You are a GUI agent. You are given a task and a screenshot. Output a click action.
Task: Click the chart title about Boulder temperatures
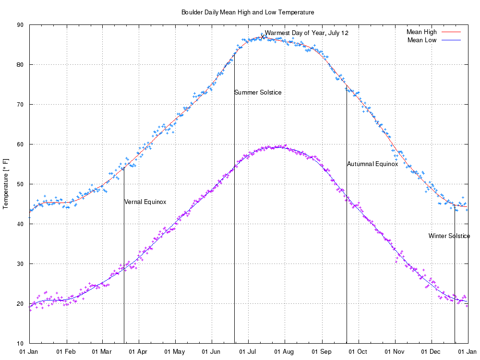tap(248, 12)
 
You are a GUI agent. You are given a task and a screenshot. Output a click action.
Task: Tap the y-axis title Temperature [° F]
tap(6, 184)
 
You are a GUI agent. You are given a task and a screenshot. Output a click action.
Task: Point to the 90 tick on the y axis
tap(21, 25)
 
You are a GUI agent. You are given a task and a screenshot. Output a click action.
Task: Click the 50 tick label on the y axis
tap(21, 184)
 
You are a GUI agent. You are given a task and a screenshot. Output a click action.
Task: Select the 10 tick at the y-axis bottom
tap(21, 344)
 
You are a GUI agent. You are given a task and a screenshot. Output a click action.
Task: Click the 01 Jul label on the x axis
tap(248, 352)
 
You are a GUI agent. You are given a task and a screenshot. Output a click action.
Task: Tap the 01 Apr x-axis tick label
tap(139, 352)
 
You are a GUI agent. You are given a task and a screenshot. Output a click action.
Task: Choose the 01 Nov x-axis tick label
tap(395, 352)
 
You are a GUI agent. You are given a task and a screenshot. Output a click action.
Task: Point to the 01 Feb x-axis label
tap(66, 352)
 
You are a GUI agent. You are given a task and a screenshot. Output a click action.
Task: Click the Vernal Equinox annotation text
tap(145, 202)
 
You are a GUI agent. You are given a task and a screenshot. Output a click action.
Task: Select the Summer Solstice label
tap(258, 93)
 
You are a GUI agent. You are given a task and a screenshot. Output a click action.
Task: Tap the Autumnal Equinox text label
tap(372, 164)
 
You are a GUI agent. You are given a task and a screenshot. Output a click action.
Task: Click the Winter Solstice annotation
tap(449, 236)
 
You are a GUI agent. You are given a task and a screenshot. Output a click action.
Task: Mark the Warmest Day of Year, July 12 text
tap(307, 33)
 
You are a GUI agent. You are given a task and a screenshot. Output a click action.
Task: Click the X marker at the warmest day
tap(263, 36)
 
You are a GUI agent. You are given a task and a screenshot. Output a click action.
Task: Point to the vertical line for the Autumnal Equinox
tap(347, 240)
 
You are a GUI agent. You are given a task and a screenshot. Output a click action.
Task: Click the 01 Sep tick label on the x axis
tap(322, 352)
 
